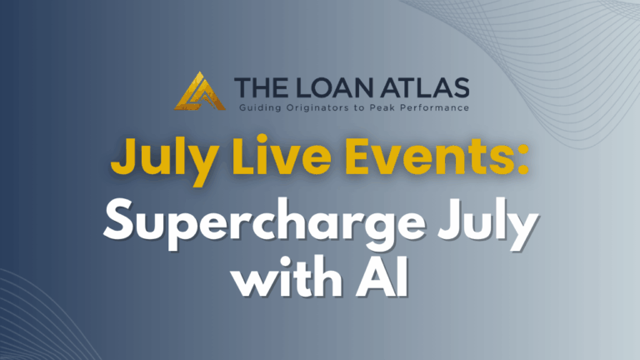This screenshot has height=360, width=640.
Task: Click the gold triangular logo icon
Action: tap(200, 92)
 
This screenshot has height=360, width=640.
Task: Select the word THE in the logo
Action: tap(260, 87)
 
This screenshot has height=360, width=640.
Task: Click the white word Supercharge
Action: tap(265, 225)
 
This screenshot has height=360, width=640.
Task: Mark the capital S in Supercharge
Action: tap(119, 220)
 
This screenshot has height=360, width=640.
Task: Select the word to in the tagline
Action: tap(360, 108)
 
